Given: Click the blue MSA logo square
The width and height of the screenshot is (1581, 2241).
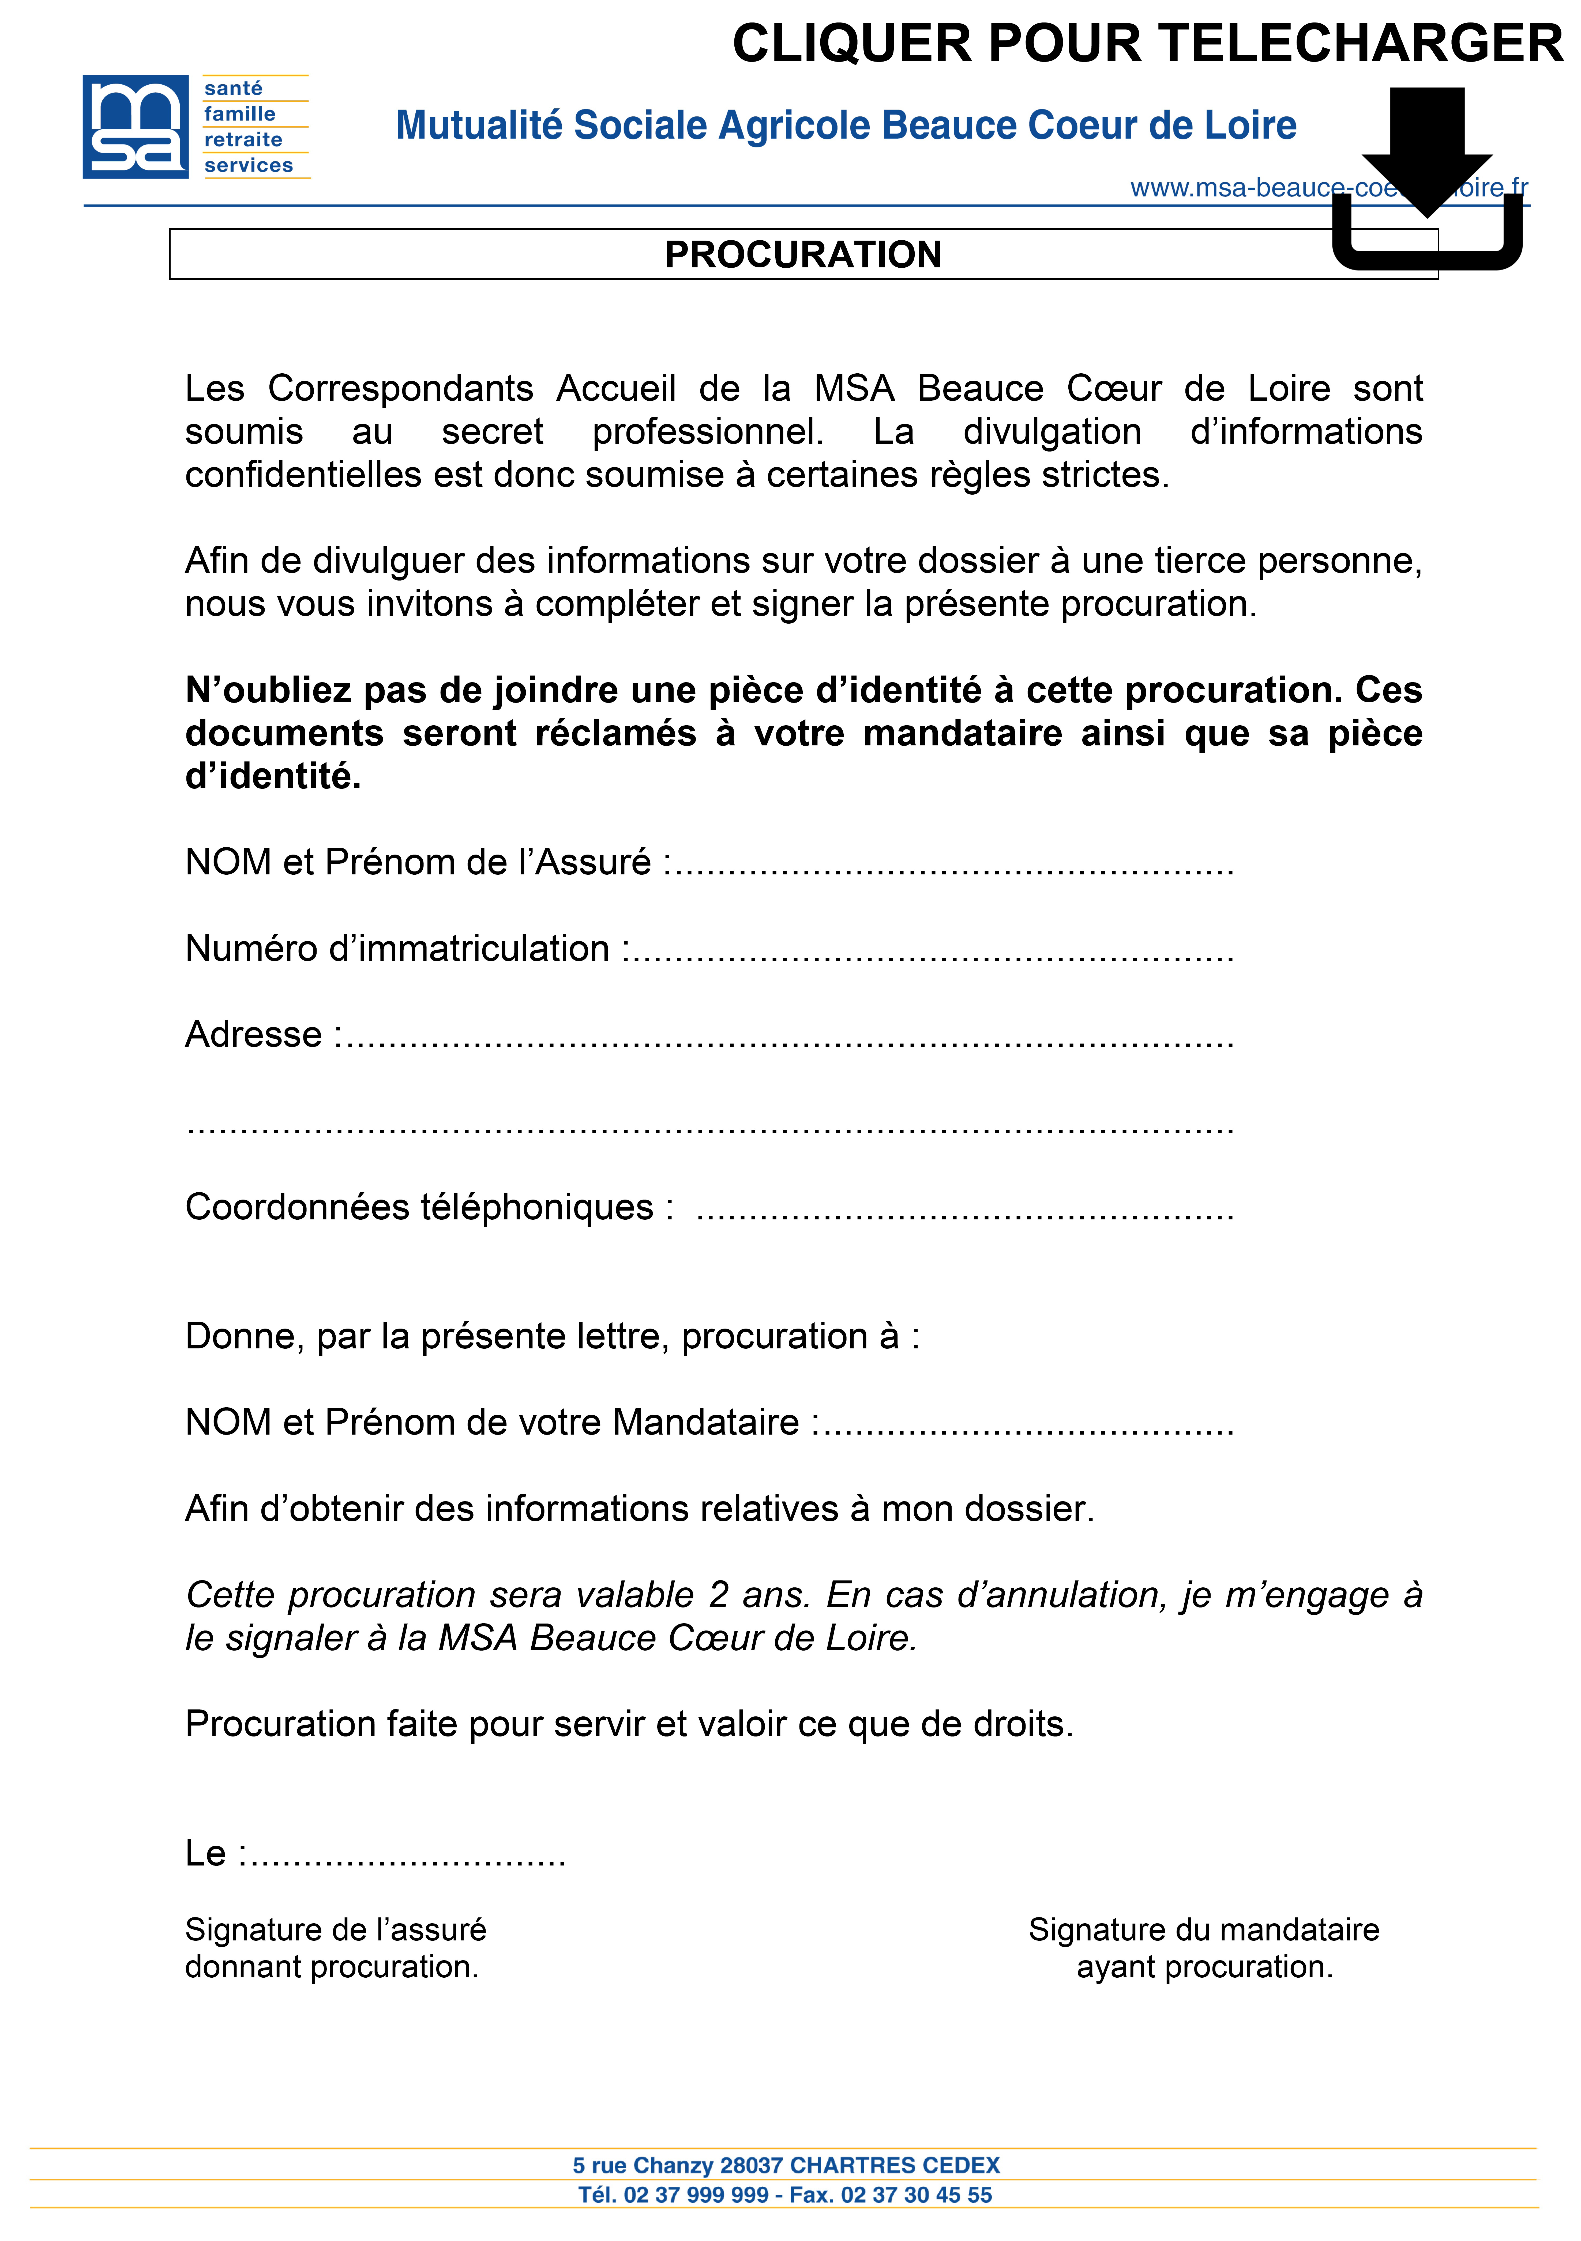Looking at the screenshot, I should [135, 127].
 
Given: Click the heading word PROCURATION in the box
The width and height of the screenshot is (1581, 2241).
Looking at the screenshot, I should [803, 255].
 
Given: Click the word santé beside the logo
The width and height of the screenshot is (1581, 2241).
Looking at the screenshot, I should [233, 89].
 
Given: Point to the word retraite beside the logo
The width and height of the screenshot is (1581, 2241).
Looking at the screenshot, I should [243, 139].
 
